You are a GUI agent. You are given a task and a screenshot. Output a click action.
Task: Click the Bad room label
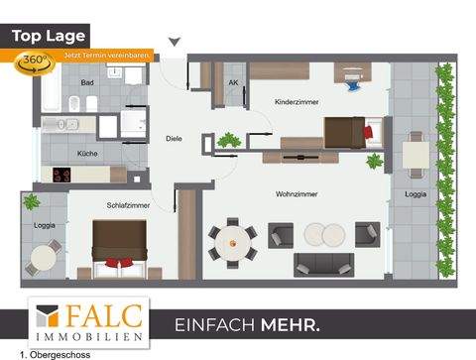tap(87, 82)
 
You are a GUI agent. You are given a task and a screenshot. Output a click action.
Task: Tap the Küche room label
tap(87, 154)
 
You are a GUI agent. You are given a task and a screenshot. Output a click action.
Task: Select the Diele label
tap(174, 138)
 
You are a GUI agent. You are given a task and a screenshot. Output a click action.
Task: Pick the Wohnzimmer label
tap(289, 194)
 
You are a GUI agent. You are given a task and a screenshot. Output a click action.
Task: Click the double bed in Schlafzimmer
tap(120, 247)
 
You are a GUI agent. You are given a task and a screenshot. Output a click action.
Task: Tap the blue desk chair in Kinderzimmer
tap(352, 85)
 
